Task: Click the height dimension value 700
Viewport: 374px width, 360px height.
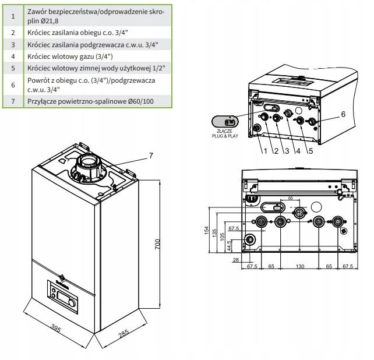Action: (x=157, y=244)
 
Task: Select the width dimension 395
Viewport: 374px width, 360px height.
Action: (x=56, y=329)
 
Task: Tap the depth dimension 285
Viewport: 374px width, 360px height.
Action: (x=124, y=334)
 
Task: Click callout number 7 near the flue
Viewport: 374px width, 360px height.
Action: (x=151, y=156)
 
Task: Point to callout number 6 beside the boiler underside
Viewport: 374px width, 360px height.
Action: (x=343, y=114)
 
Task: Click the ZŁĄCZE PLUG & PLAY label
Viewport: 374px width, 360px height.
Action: (x=225, y=133)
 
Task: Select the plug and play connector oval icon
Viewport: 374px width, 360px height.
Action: (x=225, y=122)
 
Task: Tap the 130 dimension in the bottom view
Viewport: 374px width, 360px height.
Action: (x=300, y=266)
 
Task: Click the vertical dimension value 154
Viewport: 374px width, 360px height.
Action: (x=207, y=231)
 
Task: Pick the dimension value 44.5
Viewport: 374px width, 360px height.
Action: (x=229, y=246)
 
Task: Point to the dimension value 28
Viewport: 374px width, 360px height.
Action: (x=236, y=260)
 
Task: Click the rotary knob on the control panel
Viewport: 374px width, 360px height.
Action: (x=72, y=303)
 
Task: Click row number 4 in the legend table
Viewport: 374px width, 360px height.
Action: (x=13, y=57)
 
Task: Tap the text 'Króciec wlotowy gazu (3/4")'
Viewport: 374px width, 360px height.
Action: (x=70, y=57)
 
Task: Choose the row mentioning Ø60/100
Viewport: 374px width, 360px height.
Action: (x=87, y=101)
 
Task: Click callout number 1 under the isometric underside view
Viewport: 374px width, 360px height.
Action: (x=266, y=151)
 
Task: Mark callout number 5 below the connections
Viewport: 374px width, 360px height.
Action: (x=311, y=151)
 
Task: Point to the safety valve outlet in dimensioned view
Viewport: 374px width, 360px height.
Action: (x=250, y=239)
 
